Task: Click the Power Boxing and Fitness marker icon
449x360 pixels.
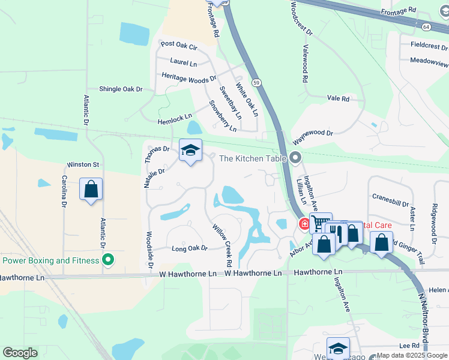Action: pyautogui.click(x=108, y=260)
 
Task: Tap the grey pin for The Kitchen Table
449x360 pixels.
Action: pyautogui.click(x=295, y=158)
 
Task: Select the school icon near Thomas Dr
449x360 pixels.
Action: pyautogui.click(x=190, y=151)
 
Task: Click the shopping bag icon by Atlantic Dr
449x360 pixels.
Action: pyautogui.click(x=91, y=190)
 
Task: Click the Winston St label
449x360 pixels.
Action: pyautogui.click(x=83, y=164)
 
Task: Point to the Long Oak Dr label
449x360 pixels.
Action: pyautogui.click(x=189, y=248)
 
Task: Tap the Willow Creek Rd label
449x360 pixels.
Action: pyautogui.click(x=221, y=245)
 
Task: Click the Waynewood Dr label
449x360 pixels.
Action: pyautogui.click(x=312, y=137)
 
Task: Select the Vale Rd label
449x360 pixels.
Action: pyautogui.click(x=338, y=98)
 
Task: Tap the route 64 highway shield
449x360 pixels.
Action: pyautogui.click(x=442, y=27)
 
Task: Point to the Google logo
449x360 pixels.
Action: pyautogui.click(x=20, y=353)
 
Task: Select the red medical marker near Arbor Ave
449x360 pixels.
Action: pyautogui.click(x=304, y=224)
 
